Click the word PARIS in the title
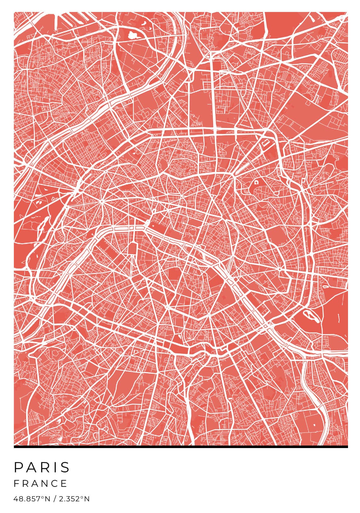(x=42, y=467)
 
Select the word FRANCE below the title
(x=41, y=483)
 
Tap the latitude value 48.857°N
(x=32, y=499)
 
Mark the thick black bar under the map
(x=181, y=446)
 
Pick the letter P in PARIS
(x=18, y=467)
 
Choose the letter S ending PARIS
(x=66, y=467)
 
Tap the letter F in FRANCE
(x=16, y=483)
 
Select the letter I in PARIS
(x=55, y=467)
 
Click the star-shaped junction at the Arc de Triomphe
(x=102, y=201)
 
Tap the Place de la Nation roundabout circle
(x=280, y=269)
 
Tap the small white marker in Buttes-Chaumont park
(x=256, y=182)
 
